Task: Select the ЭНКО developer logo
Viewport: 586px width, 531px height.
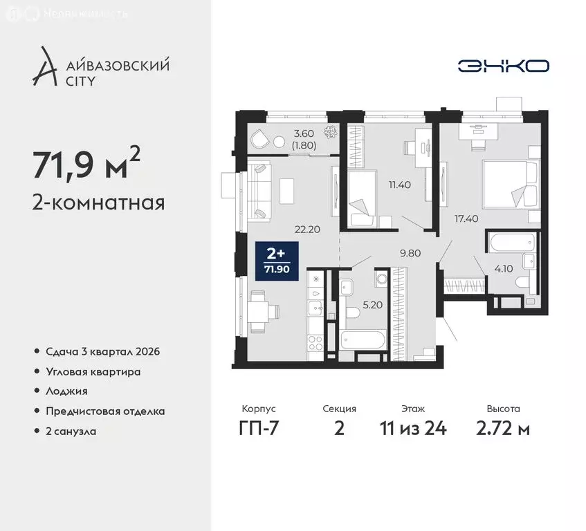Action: (504, 66)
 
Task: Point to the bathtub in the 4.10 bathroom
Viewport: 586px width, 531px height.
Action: (512, 243)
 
